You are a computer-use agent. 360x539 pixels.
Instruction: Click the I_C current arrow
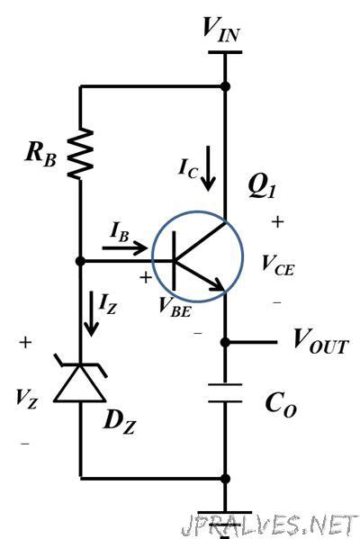[x=208, y=173]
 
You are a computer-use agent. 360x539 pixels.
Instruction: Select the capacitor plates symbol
[x=225, y=393]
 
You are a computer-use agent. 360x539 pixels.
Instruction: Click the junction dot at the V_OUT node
[x=225, y=342]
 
